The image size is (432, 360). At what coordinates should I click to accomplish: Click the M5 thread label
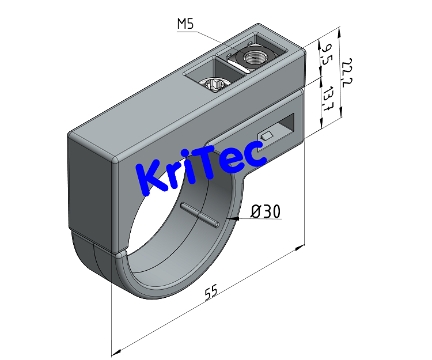[185, 24]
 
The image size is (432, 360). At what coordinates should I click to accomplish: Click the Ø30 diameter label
[266, 212]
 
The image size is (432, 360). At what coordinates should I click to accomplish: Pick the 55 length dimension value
[211, 293]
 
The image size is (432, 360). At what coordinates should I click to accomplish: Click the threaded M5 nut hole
[253, 58]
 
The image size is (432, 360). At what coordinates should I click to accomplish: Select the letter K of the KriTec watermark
[151, 180]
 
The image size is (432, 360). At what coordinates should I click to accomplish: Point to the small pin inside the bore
[199, 214]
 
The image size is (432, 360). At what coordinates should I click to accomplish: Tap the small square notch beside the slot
[266, 136]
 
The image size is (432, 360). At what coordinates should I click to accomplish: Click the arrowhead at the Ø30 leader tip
[230, 219]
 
